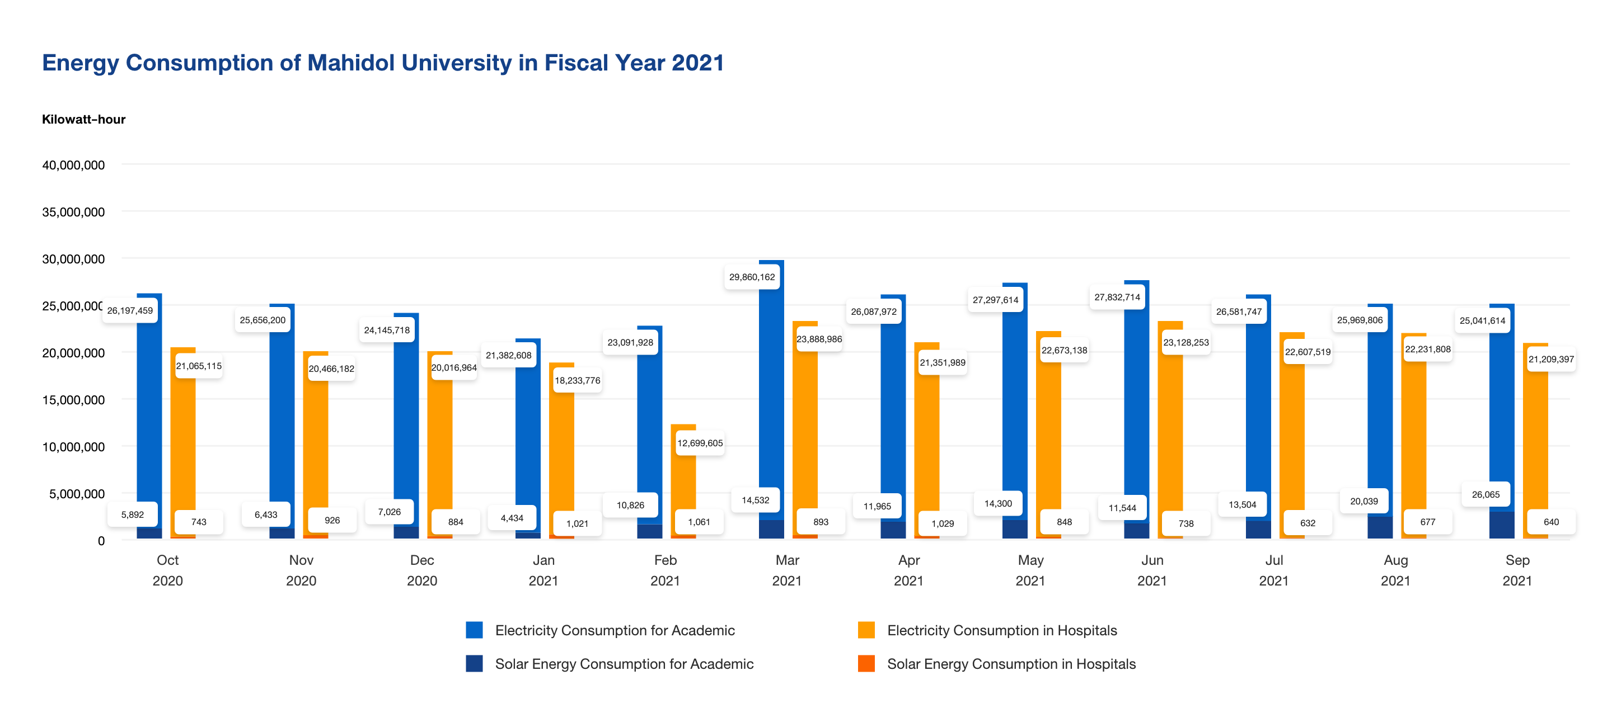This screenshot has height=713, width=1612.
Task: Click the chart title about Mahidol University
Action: click(382, 63)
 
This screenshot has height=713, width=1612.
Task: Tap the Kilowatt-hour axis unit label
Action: click(83, 120)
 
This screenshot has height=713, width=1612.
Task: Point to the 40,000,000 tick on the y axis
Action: click(73, 165)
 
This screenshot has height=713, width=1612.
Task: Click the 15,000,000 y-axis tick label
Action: click(73, 400)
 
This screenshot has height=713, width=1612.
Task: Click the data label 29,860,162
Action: click(752, 277)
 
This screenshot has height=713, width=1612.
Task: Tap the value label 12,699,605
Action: click(700, 443)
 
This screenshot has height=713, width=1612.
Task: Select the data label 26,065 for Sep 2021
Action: click(1485, 494)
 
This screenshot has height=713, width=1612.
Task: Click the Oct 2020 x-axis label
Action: click(167, 570)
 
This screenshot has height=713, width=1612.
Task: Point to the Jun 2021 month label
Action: click(1151, 570)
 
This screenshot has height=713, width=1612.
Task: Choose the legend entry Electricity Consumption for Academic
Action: click(615, 630)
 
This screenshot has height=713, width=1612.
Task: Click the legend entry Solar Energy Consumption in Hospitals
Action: click(1011, 664)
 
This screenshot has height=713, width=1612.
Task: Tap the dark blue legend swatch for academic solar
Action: click(474, 664)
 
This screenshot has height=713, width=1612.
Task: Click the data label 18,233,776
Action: click(577, 380)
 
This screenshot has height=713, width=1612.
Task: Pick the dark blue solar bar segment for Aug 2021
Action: click(1379, 527)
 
